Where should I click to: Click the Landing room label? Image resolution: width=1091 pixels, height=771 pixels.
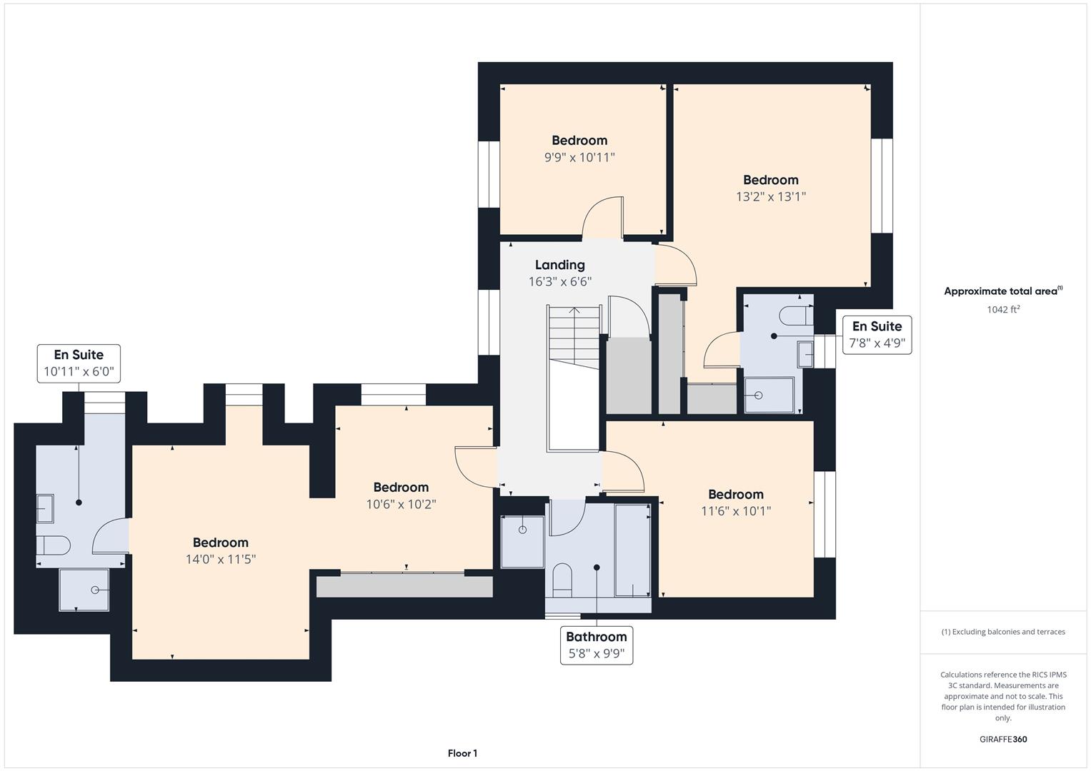(559, 265)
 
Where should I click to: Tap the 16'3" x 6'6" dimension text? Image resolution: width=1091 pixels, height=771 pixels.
(559, 281)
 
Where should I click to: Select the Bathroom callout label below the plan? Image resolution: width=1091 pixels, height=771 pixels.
(596, 645)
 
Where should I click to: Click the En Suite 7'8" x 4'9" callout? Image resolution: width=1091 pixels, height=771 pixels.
(877, 335)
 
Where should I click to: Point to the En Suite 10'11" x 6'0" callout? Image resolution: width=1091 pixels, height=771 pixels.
(79, 363)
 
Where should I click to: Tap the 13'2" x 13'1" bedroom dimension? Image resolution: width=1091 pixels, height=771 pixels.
(770, 196)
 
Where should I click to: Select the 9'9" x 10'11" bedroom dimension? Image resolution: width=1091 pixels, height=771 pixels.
(579, 157)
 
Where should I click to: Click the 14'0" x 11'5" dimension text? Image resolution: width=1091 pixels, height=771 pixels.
(220, 559)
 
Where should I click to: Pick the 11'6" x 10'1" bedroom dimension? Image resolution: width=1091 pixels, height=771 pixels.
(735, 511)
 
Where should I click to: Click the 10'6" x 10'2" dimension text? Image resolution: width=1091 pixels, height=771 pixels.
(401, 504)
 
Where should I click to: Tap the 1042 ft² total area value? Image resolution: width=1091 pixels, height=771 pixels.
(1003, 309)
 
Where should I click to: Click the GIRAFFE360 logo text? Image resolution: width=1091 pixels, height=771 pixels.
(1003, 739)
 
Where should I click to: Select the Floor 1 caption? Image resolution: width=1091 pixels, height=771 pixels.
(462, 753)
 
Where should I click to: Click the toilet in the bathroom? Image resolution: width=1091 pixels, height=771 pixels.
(562, 580)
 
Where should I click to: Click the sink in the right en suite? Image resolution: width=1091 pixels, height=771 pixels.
(804, 354)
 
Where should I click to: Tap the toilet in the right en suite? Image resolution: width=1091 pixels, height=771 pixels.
(796, 316)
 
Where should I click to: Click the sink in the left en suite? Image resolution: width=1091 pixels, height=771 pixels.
(45, 508)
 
